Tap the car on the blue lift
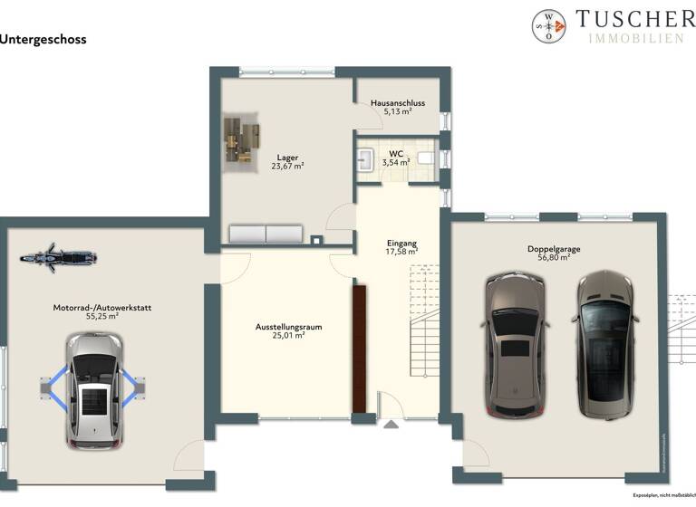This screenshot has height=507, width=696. tap(93, 390)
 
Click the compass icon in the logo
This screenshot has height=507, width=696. tap(548, 26)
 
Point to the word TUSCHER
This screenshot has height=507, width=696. tap(635, 18)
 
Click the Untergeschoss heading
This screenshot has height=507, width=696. tap(43, 40)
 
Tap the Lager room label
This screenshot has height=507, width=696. tap(287, 158)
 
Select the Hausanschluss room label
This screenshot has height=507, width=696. tap(398, 103)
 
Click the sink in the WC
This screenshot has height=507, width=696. tap(367, 160)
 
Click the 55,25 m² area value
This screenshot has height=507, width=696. tap(101, 318)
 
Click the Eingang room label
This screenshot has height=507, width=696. tap(401, 244)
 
